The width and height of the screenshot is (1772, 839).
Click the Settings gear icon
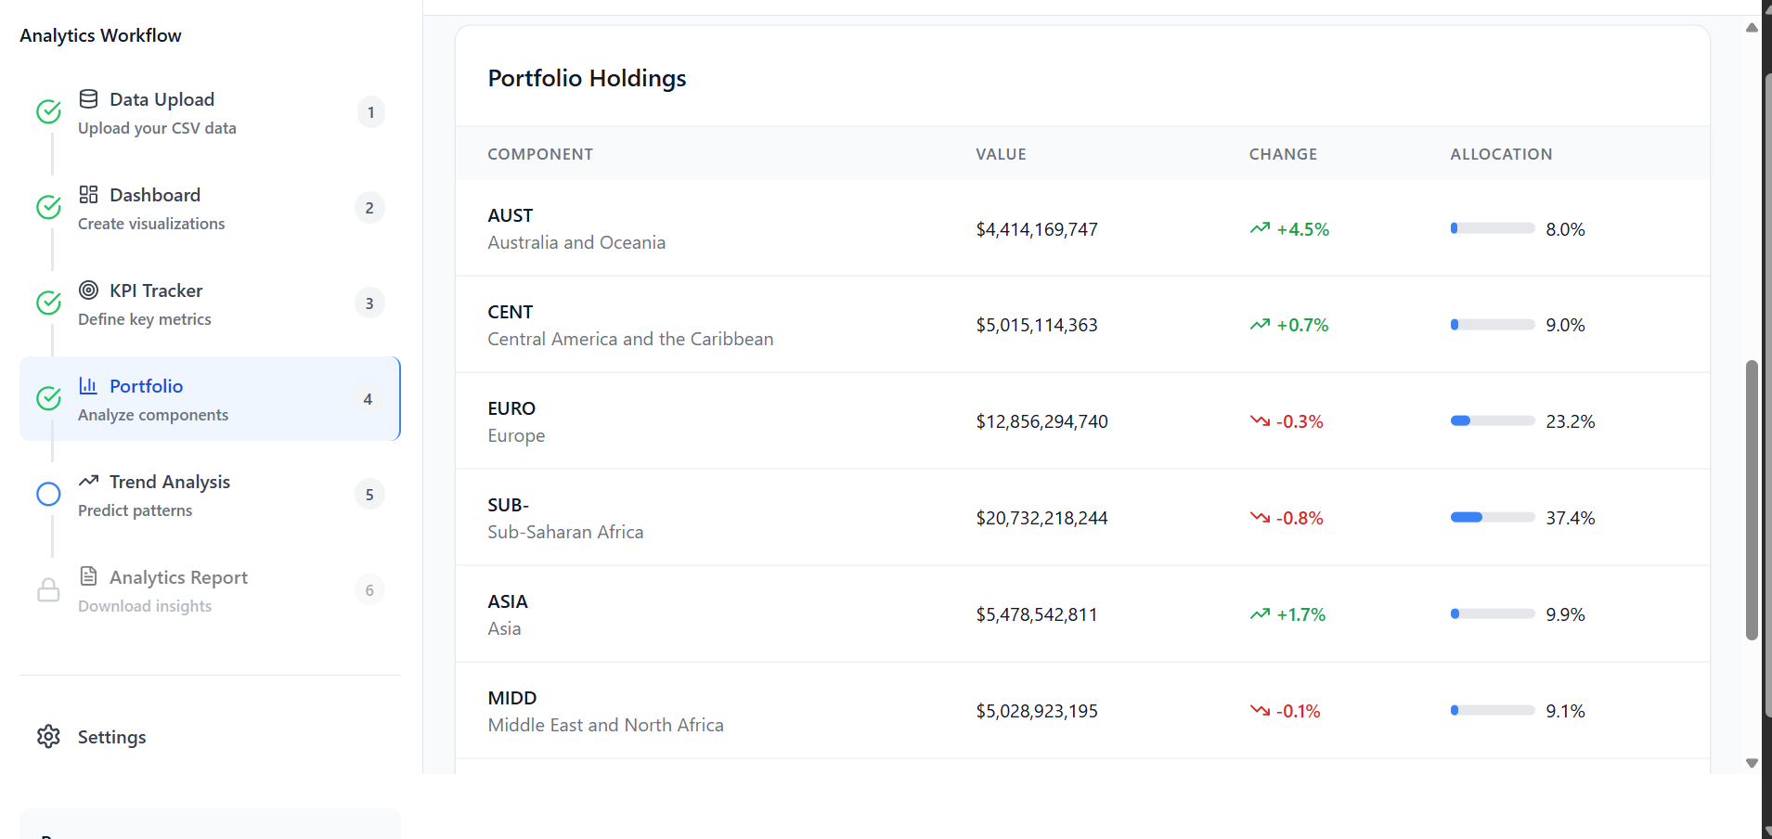pos(48,737)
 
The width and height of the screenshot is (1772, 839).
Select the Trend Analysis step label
pos(169,482)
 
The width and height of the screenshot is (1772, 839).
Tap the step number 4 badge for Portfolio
pos(369,399)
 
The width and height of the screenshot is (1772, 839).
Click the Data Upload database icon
pos(89,99)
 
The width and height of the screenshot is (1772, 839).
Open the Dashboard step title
pos(154,195)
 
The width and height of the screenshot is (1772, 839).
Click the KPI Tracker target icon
pos(89,290)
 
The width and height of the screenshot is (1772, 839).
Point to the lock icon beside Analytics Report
pos(48,590)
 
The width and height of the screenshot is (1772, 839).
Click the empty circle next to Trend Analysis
pos(48,495)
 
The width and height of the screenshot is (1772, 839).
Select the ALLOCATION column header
pos(1501,154)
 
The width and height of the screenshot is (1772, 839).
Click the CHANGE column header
pos(1283,154)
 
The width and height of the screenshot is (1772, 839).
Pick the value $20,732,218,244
pos(1041,518)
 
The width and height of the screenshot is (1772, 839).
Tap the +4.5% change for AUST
pos(1302,229)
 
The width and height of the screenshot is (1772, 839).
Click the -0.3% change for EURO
pos(1300,421)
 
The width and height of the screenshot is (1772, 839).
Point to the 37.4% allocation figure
pos(1570,518)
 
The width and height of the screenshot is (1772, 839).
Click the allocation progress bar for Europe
pos(1492,421)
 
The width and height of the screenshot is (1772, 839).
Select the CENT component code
pos(511,312)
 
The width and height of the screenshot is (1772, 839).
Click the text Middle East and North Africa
pos(605,725)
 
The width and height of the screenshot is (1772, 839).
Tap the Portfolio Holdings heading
pos(587,78)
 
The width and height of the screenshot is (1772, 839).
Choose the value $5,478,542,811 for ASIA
pos(1036,614)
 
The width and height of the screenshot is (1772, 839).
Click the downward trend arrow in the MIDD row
pos(1260,711)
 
